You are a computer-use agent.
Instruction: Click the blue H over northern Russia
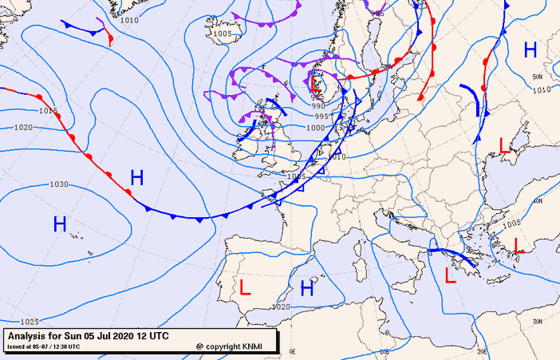coord(530,50)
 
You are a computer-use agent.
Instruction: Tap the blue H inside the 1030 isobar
coord(60,224)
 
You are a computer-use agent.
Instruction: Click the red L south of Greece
coord(451,277)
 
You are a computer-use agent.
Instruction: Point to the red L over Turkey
coord(519,245)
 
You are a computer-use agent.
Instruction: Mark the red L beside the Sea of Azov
coord(504,145)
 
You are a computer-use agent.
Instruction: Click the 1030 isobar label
coord(58,184)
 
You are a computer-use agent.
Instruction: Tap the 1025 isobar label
coord(30,321)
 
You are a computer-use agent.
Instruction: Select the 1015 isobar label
coord(49,110)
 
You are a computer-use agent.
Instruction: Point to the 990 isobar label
coord(318,105)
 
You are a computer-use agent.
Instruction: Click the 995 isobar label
coord(321,117)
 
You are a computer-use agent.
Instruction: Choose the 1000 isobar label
coord(316,128)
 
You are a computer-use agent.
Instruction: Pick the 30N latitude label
coord(537,321)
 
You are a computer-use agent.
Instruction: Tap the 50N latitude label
coord(538,77)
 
